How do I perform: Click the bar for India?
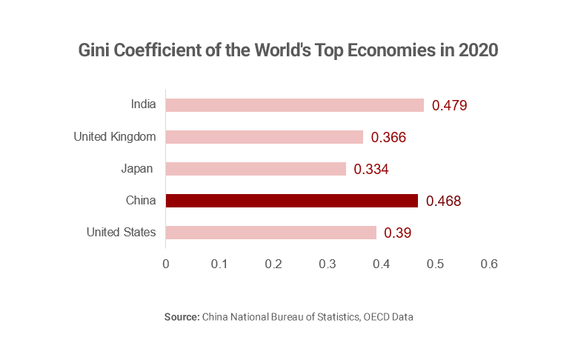(294, 104)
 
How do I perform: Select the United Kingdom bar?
(264, 137)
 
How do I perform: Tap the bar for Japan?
(256, 169)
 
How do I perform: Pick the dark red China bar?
(291, 201)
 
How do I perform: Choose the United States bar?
(270, 233)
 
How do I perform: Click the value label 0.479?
(449, 105)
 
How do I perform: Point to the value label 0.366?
(389, 138)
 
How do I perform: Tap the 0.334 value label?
(371, 170)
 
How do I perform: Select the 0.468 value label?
(444, 201)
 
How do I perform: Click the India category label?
(143, 104)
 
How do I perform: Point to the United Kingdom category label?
(115, 137)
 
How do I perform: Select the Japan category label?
(138, 169)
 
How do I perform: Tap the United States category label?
(121, 233)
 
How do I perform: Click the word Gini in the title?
(95, 52)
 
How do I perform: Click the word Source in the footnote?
(182, 317)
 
